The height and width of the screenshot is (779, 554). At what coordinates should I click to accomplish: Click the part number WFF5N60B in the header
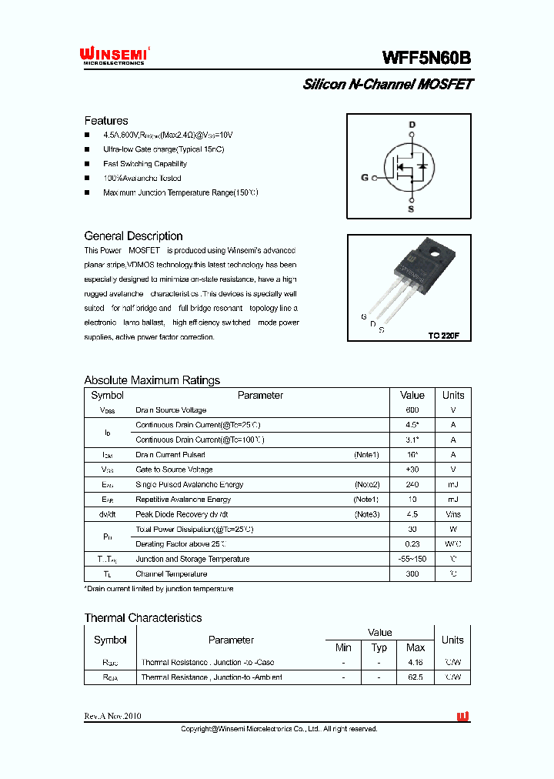pos(426,58)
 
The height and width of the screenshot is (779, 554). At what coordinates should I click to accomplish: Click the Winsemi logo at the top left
pos(112,55)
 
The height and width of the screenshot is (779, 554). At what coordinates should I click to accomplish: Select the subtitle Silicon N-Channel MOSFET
pos(387,85)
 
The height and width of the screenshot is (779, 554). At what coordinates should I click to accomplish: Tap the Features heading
pos(106,121)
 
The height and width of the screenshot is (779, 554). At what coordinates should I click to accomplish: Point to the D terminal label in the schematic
pos(412,125)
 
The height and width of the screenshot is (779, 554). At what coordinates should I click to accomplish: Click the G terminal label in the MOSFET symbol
pos(365,178)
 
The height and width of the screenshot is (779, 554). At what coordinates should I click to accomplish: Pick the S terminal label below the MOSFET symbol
pos(411,209)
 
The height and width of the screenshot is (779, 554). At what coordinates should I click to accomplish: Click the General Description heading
pos(133,236)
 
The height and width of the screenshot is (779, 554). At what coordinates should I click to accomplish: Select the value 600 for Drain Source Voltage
pos(412,410)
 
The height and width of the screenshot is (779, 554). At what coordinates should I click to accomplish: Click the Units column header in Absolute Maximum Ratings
pos(453,395)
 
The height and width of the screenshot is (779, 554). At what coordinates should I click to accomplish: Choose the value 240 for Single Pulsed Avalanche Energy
pos(412,484)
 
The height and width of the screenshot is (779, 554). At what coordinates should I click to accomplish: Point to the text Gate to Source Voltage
pos(174,470)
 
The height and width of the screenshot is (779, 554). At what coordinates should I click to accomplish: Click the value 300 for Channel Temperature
pos(412,573)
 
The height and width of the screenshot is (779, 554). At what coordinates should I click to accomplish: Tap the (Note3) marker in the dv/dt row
pos(367,514)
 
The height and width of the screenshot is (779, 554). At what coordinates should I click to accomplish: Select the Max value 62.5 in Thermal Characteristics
pos(415,677)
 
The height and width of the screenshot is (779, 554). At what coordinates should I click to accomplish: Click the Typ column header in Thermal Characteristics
pos(379,648)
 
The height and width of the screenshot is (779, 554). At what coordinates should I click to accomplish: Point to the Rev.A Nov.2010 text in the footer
pos(112,716)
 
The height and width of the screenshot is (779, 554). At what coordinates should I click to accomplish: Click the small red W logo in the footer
pos(462,717)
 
